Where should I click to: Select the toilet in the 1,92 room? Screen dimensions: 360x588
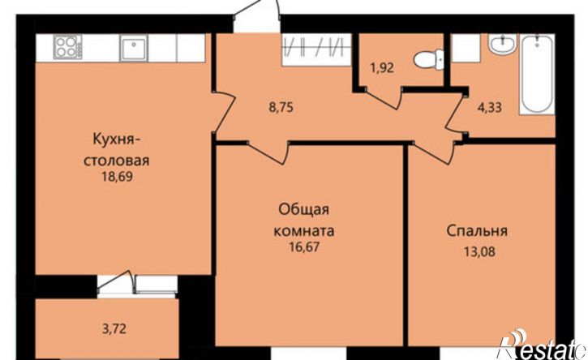(x=423, y=60)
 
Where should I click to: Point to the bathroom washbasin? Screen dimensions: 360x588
(x=501, y=44)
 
